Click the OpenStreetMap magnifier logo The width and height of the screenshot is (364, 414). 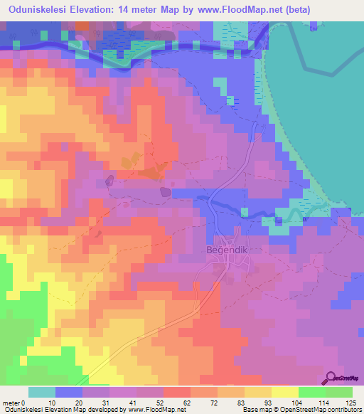(x=330, y=377)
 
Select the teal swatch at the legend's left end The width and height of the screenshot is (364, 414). (x=42, y=392)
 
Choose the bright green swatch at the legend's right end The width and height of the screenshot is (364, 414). (x=339, y=392)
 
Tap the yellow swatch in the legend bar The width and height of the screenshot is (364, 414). (x=285, y=392)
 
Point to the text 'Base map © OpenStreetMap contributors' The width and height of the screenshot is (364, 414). (x=299, y=410)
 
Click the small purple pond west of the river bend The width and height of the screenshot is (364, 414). (x=166, y=191)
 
